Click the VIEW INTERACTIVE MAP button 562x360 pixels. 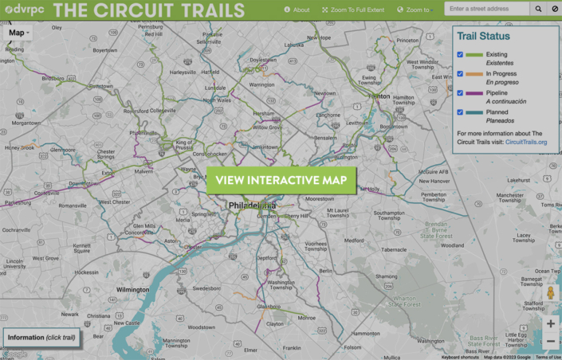click(x=281, y=180)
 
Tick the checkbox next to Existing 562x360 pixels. click(x=461, y=54)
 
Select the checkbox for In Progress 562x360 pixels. click(x=461, y=74)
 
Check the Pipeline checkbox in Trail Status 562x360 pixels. click(x=461, y=93)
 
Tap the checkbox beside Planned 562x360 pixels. click(x=461, y=112)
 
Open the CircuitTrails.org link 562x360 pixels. click(x=526, y=142)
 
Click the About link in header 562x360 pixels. click(x=297, y=10)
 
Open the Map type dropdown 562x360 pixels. click(x=19, y=33)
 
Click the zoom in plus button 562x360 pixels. click(x=551, y=323)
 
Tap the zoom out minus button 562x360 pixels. click(x=551, y=342)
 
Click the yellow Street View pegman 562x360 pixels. click(x=551, y=293)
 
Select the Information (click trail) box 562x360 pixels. click(x=41, y=337)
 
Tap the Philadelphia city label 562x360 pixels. click(x=250, y=205)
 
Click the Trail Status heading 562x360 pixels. click(x=483, y=36)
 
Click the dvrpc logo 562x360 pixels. click(x=23, y=10)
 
